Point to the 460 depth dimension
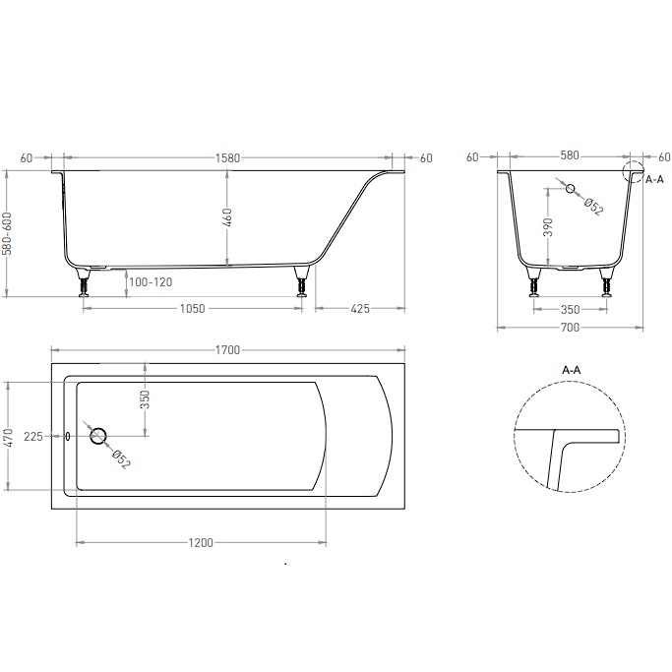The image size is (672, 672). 228,217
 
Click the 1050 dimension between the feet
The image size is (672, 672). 192,309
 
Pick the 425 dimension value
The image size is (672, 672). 359,309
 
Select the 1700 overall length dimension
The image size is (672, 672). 227,350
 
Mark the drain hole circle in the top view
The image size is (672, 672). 98,437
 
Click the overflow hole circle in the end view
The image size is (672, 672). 569,188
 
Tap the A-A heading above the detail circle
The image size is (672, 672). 571,370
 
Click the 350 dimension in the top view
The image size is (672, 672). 145,398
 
